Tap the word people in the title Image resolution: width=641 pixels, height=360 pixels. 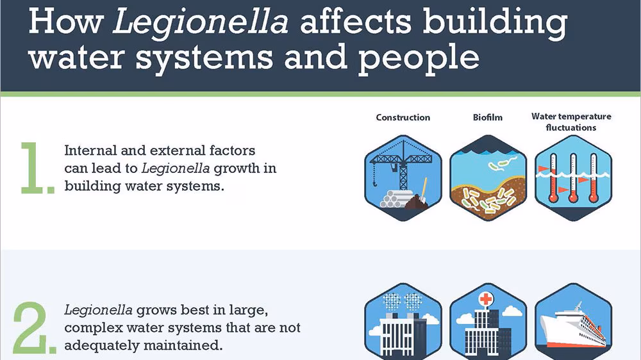pos(419,57)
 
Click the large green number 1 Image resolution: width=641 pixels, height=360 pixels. pos(36,168)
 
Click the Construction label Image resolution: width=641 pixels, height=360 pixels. pos(403,117)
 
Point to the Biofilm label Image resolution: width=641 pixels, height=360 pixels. pos(487,117)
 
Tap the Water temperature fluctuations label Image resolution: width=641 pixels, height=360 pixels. pos(571,122)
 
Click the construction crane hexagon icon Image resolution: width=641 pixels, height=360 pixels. pos(403,178)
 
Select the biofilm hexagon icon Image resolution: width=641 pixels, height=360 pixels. pos(488,178)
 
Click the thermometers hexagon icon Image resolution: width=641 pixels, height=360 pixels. pos(572,178)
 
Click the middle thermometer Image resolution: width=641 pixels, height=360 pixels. pos(572,176)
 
